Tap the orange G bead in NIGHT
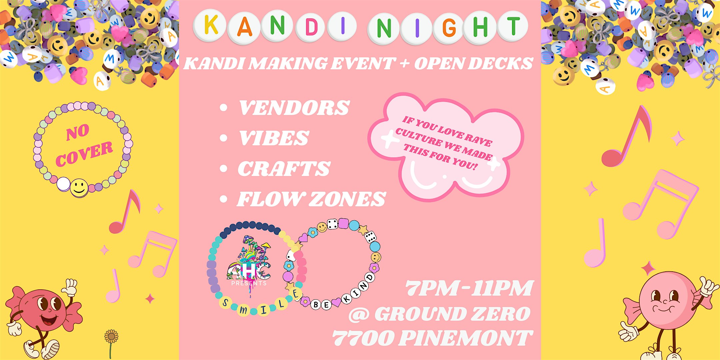pos(449,27)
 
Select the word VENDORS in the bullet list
pos(294,108)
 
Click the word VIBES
pos(274,138)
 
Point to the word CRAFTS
pos(284,169)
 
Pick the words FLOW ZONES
pos(311,199)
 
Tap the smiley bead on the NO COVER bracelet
pos(79,188)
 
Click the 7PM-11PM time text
pos(469,288)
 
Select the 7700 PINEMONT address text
pos(432,338)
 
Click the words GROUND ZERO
pos(452,314)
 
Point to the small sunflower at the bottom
pos(111,337)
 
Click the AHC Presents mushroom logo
pos(249,263)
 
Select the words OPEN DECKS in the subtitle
pos(473,64)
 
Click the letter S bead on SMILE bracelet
pos(226,303)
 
